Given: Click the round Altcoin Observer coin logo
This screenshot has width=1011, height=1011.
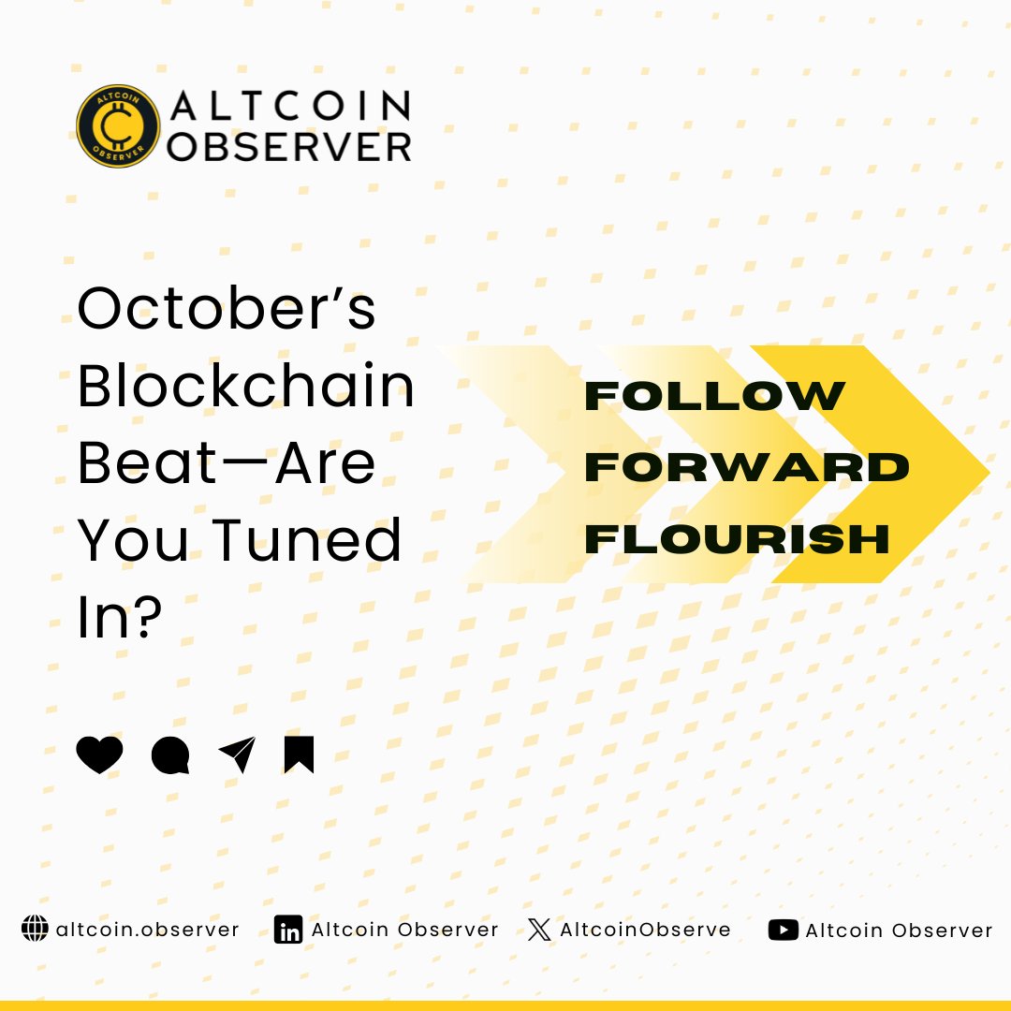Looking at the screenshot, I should pos(118,126).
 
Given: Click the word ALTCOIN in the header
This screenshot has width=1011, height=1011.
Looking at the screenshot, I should pos(291,106).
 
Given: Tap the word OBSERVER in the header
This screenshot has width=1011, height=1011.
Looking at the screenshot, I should pos(291,145).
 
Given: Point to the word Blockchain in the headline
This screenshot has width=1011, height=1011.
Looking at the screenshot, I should pos(245,386).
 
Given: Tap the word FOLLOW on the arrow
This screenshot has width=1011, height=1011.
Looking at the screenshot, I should pos(714,397).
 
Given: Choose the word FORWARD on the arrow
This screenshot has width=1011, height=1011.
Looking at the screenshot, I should pos(747,467).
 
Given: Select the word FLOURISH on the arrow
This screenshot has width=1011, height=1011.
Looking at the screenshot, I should pos(737,538).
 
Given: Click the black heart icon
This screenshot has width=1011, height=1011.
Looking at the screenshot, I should pos(99,755).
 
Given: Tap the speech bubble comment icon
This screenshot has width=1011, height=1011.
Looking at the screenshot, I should pos(170,755).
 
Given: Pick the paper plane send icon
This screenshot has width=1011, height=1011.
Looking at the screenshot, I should pos(237,755).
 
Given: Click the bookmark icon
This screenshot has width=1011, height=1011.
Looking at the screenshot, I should pos(299,755).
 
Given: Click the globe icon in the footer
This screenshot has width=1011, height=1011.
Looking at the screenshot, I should pos(35,930).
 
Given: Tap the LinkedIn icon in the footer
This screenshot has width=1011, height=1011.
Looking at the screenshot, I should pos(288,930).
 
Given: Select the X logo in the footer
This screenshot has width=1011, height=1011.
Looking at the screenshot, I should pos(538,930).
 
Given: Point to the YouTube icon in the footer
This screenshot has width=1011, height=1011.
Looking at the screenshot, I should pos(783,930).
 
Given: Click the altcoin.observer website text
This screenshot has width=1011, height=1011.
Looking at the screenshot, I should pos(148,930).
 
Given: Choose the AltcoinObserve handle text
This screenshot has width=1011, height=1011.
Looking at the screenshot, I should pos(645,930).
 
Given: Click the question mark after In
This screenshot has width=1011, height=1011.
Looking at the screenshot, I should pos(144,618).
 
